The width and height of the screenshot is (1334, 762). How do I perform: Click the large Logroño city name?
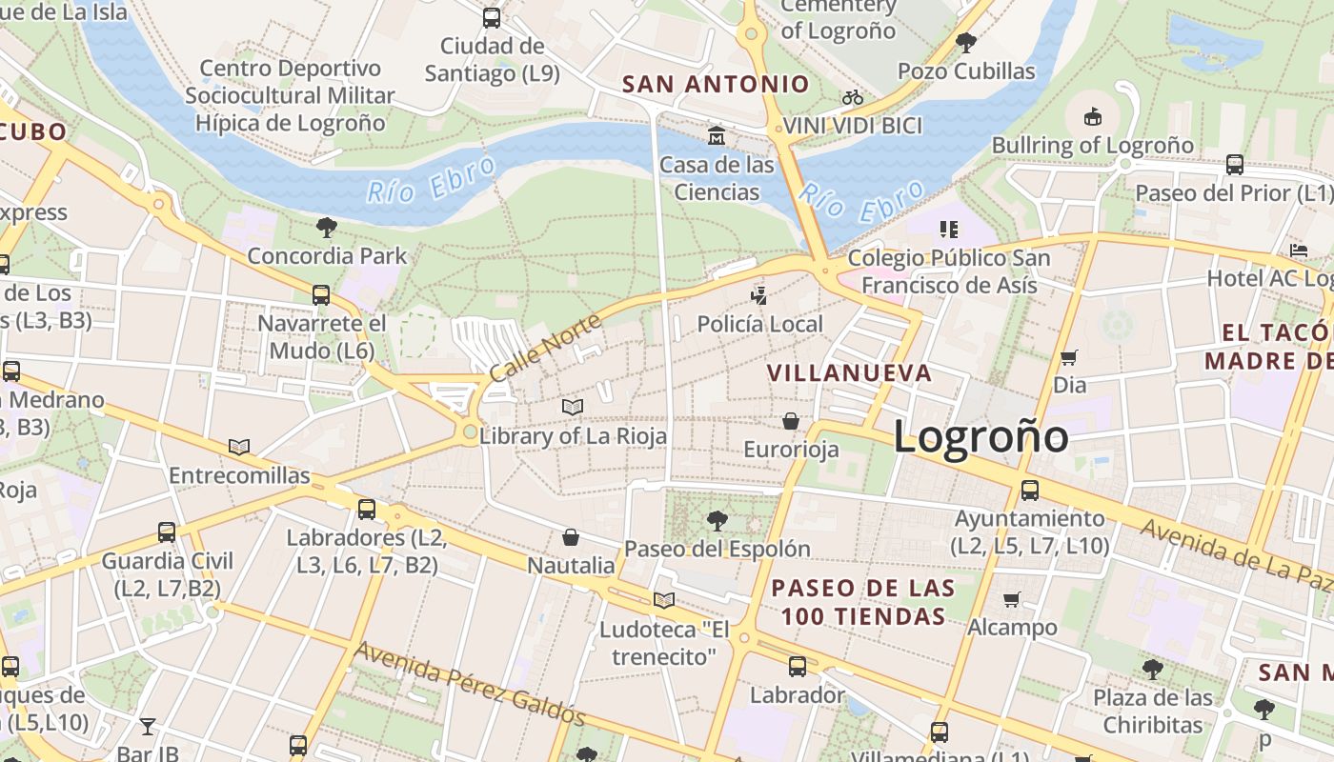coord(980,437)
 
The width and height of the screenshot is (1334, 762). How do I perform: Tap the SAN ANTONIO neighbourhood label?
coord(716,84)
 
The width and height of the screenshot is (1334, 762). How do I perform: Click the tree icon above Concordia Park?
coord(327,227)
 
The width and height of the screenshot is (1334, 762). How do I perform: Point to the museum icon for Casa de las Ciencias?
coord(717,135)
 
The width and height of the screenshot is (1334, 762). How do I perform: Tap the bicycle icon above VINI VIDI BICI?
coord(852,97)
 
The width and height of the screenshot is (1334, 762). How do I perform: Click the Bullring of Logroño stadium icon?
coord(1093,116)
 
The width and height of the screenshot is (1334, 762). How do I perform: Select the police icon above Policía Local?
coord(758,295)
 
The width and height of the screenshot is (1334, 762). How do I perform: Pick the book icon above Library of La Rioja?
coord(573,407)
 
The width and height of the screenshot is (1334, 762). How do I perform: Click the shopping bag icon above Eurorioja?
coord(791,420)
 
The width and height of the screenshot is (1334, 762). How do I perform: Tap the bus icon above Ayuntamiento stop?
coord(1030,491)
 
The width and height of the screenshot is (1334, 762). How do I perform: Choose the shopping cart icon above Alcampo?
coord(1012,599)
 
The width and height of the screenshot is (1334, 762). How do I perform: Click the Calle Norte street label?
coord(545,348)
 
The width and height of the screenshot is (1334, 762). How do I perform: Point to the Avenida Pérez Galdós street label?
coord(469,683)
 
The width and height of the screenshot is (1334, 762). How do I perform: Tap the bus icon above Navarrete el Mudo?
coord(321,295)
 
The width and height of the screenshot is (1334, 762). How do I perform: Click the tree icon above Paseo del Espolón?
coord(717,520)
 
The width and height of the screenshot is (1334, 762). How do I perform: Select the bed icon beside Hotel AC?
coord(1299,251)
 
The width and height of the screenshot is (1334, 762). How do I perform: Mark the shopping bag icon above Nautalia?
coord(571,537)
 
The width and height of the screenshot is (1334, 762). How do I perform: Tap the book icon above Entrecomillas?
coord(239,447)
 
